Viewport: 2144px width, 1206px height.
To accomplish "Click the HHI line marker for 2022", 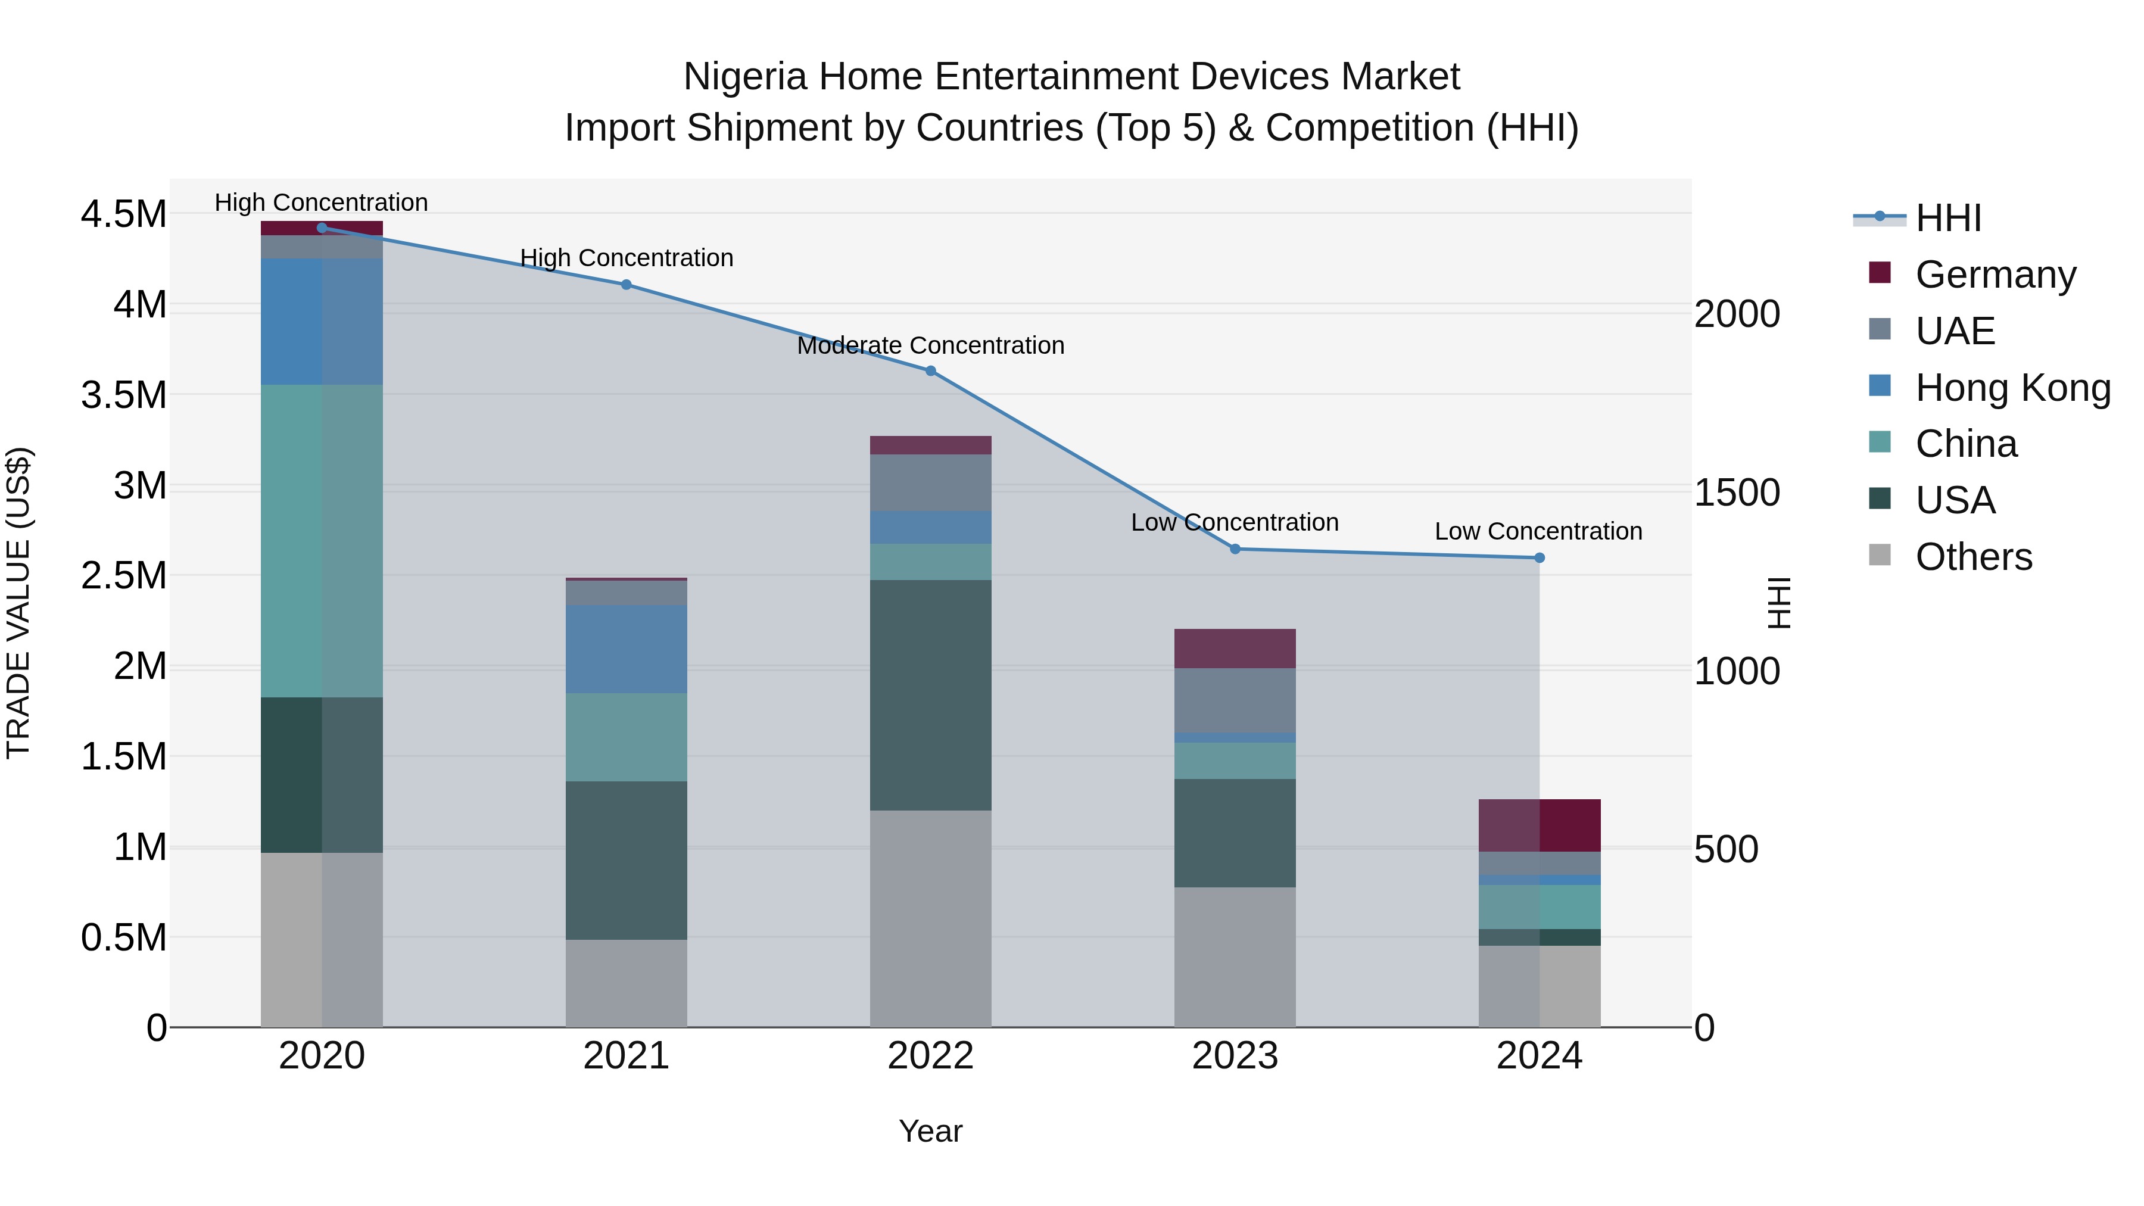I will [x=930, y=371].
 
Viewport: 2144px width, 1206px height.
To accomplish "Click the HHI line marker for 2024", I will [x=1539, y=557].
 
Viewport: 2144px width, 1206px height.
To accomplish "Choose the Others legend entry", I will [x=1972, y=557].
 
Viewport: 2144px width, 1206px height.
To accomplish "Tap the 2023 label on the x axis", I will [x=1235, y=1056].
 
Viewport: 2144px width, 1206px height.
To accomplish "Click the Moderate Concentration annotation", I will [x=930, y=345].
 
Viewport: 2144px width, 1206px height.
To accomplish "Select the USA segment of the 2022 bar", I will [x=930, y=695].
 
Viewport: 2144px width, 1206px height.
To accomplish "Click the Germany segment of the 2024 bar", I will [x=1539, y=825].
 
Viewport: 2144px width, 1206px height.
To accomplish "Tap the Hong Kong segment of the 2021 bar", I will [x=626, y=649].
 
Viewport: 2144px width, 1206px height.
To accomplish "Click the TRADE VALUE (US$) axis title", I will [x=18, y=603].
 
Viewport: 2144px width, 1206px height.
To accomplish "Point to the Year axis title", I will [x=930, y=1131].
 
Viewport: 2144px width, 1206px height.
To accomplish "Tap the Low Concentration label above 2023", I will [x=1235, y=523].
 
